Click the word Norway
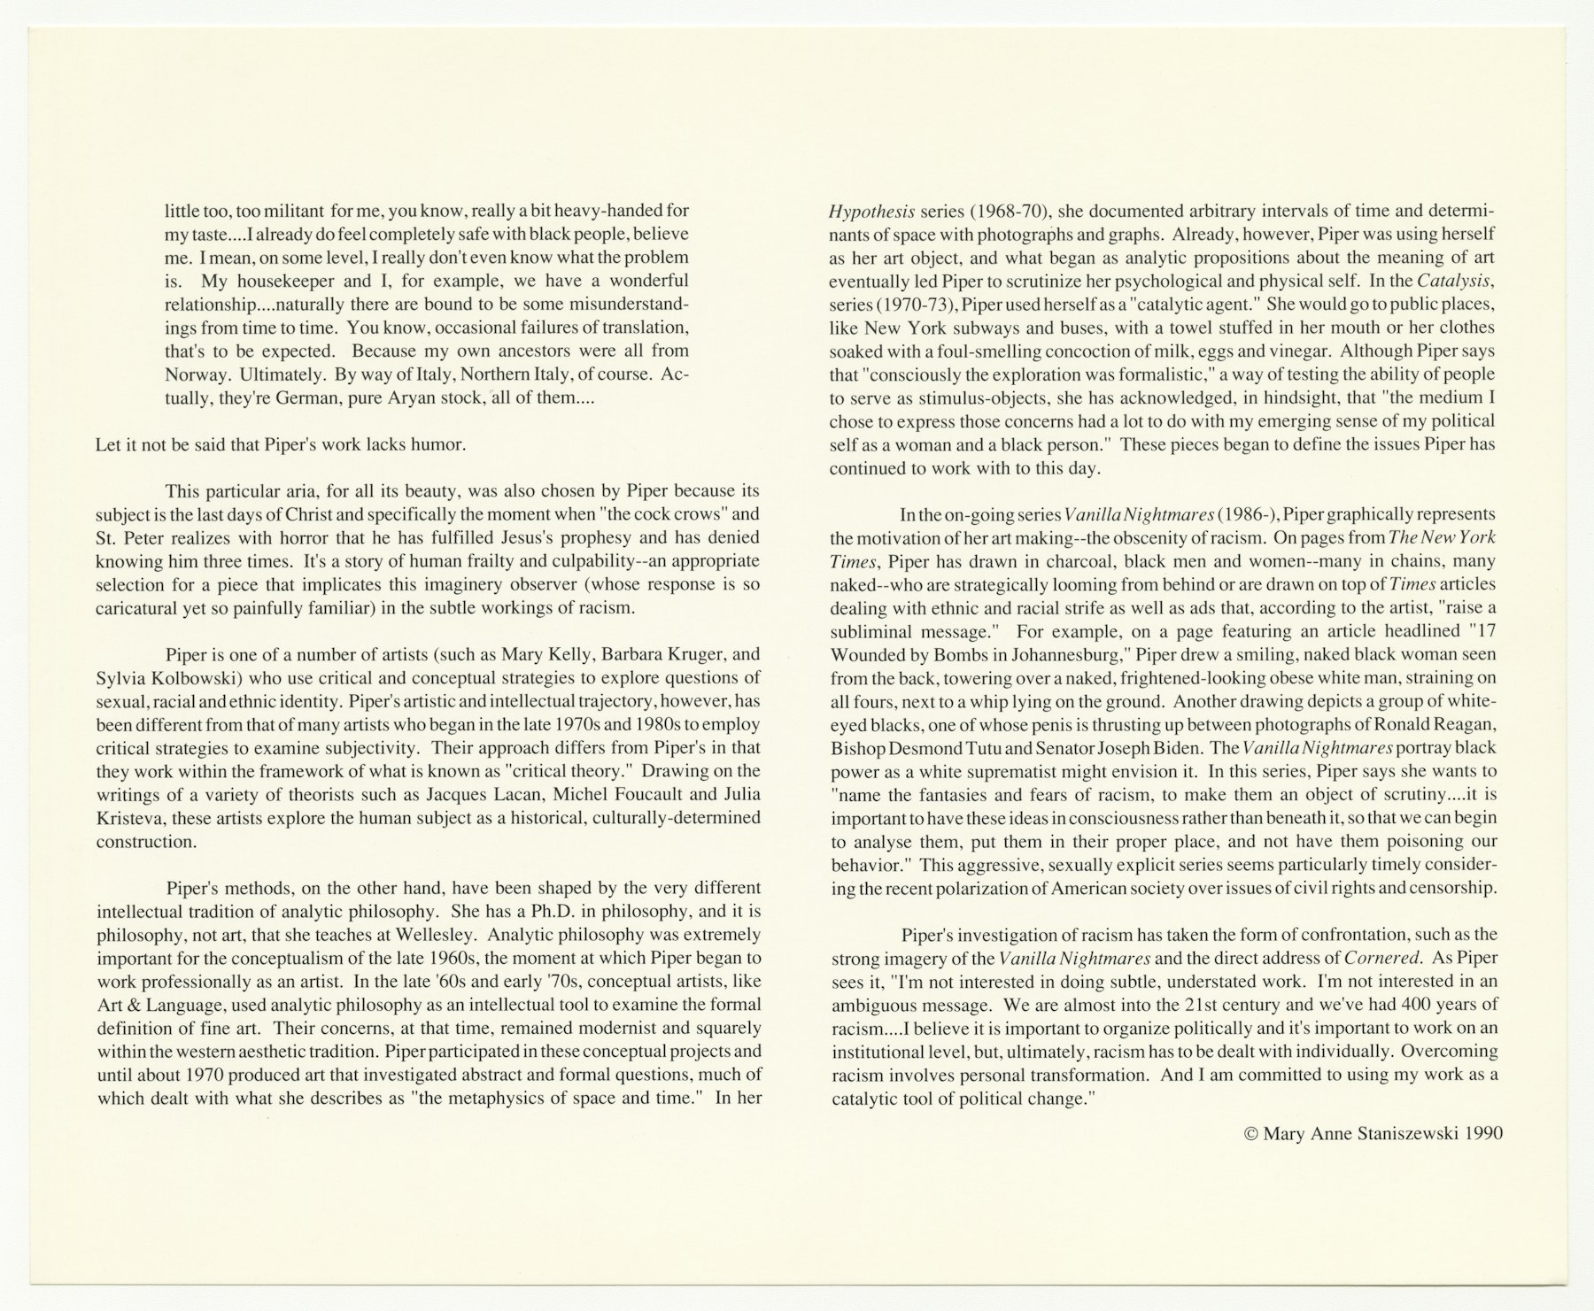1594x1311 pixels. pos(193,374)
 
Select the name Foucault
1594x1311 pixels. pos(638,794)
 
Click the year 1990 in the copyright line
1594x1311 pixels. pos(1483,1133)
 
